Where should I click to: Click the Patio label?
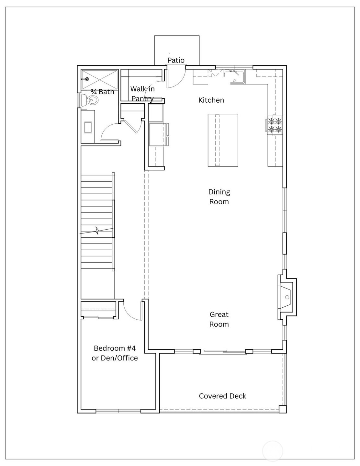pyautogui.click(x=176, y=60)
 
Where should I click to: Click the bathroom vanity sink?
pyautogui.click(x=88, y=127)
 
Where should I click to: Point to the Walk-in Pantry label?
pyautogui.click(x=142, y=93)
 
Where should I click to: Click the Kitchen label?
pyautogui.click(x=211, y=100)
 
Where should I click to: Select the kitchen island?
pyautogui.click(x=223, y=140)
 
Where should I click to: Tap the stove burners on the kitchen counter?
pyautogui.click(x=274, y=125)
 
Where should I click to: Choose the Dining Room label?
pyautogui.click(x=219, y=197)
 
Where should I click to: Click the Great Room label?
pyautogui.click(x=219, y=319)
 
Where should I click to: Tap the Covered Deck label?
pyautogui.click(x=222, y=396)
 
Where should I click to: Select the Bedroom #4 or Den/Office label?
pyautogui.click(x=115, y=353)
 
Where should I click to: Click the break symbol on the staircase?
pyautogui.click(x=97, y=231)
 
